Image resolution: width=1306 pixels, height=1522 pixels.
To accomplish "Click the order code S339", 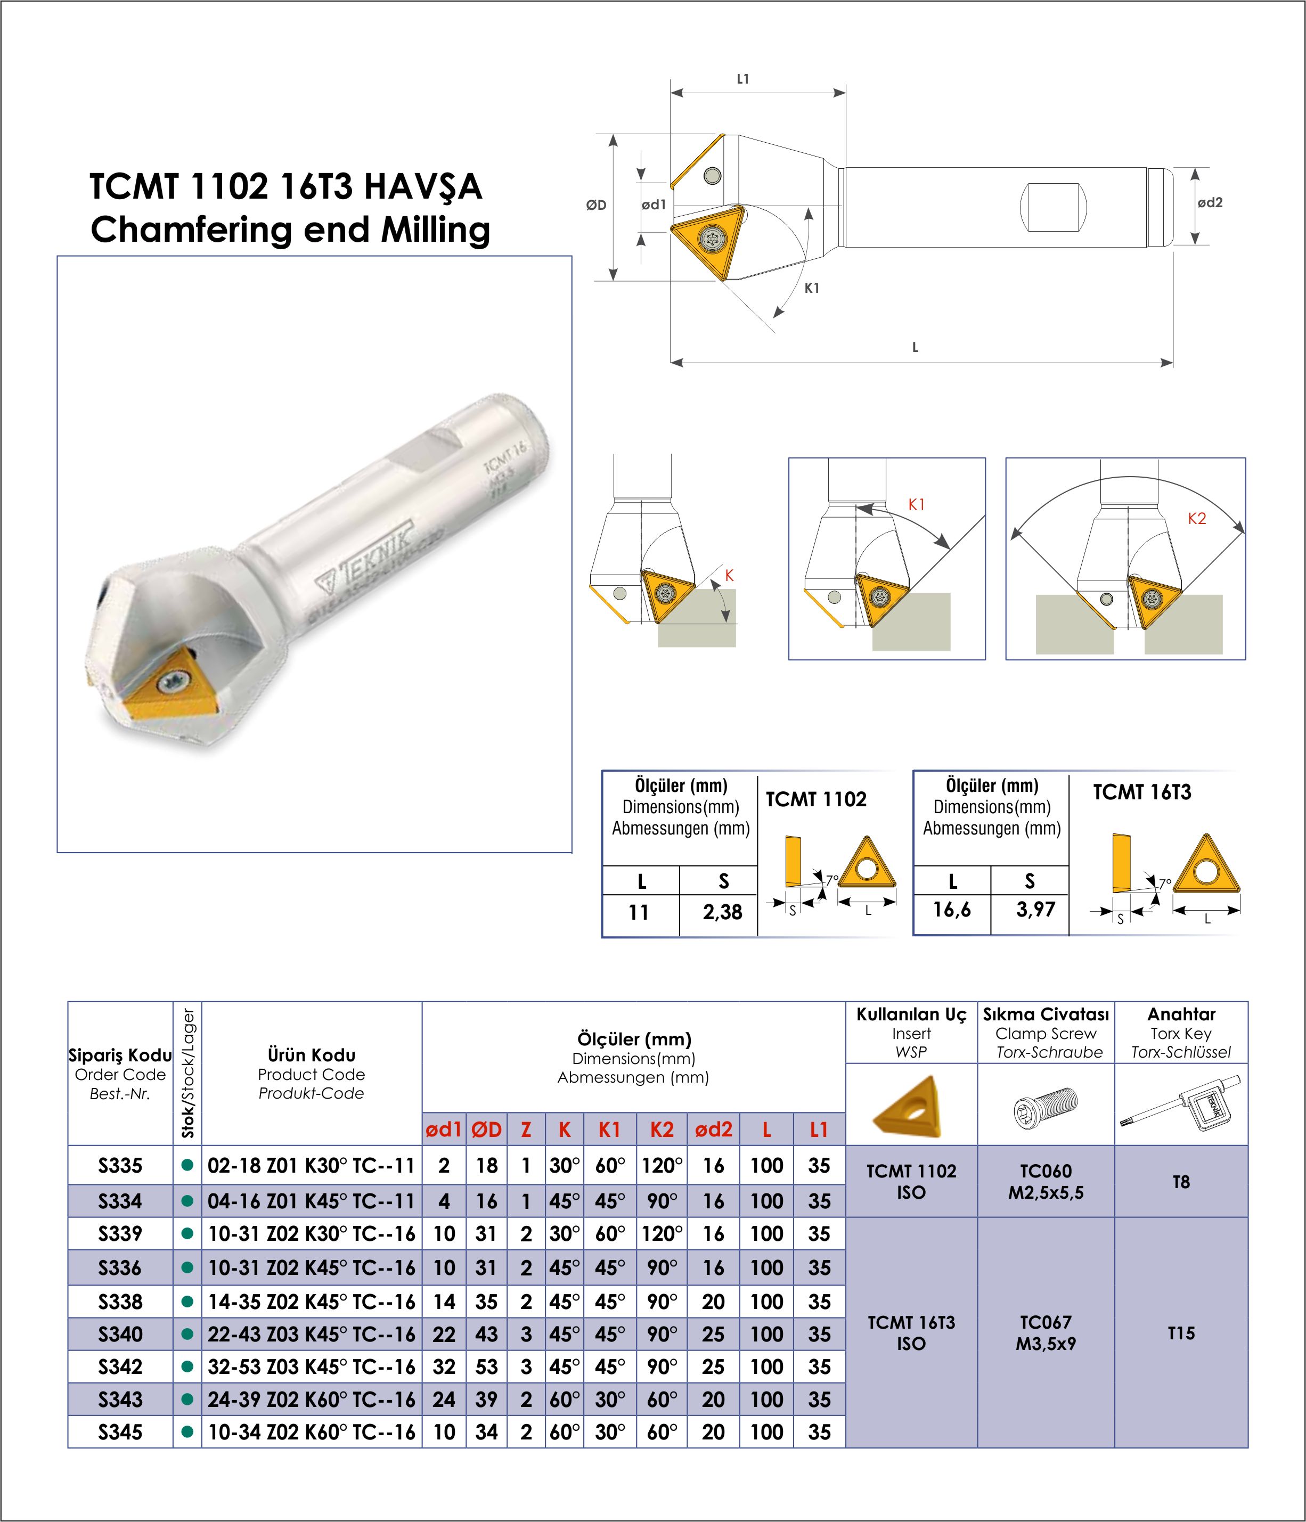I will coord(120,1233).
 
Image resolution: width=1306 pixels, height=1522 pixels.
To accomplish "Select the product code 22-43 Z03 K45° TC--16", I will coord(312,1334).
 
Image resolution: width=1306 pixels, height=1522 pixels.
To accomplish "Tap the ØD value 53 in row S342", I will coord(486,1367).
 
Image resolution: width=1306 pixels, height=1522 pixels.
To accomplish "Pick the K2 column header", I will coord(662,1130).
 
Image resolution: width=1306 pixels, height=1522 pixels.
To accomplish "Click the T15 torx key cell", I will coord(1180,1332).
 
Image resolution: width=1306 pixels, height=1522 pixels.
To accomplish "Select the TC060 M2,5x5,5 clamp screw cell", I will coord(1045,1181).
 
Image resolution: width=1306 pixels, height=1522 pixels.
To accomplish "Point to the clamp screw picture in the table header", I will coord(1044,1104).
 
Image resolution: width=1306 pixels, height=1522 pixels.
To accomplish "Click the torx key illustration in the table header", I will coord(1180,1104).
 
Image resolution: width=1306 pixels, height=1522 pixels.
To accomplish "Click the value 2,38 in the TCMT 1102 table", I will coord(722,912).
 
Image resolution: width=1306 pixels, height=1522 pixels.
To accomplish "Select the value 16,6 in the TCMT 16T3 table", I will coord(951,910).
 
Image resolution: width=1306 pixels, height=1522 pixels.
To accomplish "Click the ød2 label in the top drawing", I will coord(1210,203).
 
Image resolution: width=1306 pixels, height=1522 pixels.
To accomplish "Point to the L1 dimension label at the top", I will coord(742,79).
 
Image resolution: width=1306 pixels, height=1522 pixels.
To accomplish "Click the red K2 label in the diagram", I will coord(1197,519).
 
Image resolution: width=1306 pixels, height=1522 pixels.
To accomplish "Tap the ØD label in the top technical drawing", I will coord(597,206).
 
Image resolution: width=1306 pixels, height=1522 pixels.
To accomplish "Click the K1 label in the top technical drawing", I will coord(811,289).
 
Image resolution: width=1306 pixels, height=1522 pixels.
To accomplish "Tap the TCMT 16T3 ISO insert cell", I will coord(911,1332).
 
